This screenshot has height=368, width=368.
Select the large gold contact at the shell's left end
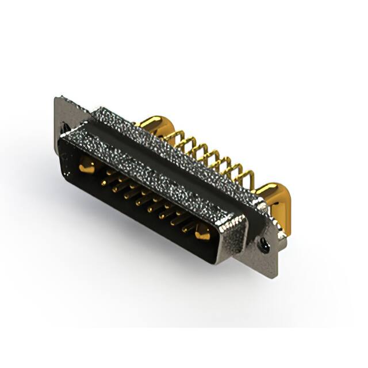[x=86, y=167]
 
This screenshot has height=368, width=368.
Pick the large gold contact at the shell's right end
[x=202, y=233]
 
